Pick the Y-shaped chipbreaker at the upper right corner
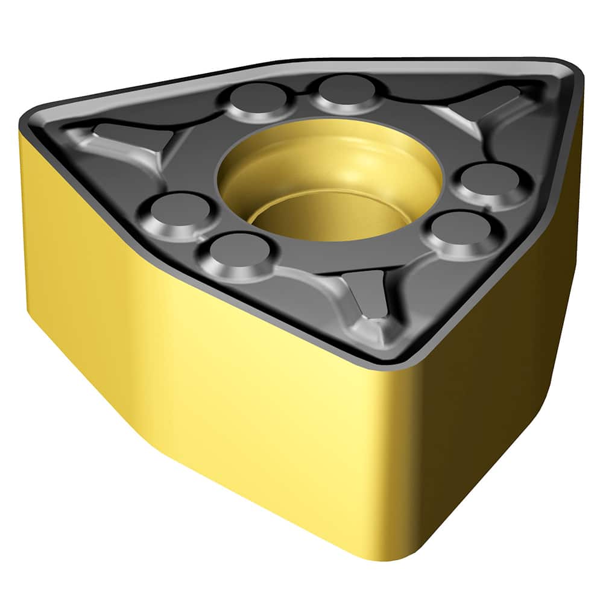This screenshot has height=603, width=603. tap(482, 109)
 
